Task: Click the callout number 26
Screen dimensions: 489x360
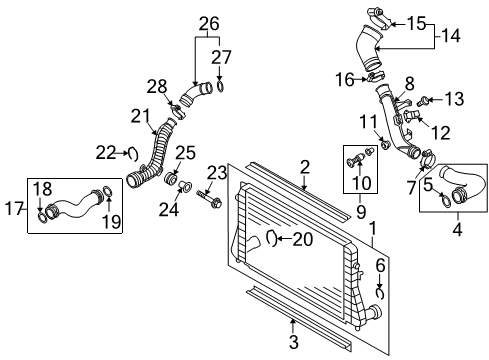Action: [x=209, y=24]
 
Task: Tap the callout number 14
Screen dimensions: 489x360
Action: [x=451, y=35]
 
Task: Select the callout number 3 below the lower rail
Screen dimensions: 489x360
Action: [x=293, y=342]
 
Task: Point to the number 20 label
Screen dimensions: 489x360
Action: [x=303, y=239]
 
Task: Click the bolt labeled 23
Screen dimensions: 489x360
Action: [x=209, y=198]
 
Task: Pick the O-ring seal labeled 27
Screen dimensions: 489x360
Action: [x=220, y=86]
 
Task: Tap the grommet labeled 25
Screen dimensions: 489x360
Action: [x=171, y=179]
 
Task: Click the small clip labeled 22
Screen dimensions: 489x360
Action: [x=133, y=154]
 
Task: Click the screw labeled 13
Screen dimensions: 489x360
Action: [x=424, y=101]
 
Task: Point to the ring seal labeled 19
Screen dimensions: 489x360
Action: [x=107, y=192]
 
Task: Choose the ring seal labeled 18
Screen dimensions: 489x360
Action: [x=42, y=217]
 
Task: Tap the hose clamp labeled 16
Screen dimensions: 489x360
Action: [x=375, y=78]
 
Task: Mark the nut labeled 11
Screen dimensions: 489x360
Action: [x=386, y=144]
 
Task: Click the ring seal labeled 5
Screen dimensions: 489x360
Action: [x=446, y=200]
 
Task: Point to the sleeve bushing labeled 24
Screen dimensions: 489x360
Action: [x=185, y=185]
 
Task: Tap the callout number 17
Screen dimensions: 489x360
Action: [x=14, y=209]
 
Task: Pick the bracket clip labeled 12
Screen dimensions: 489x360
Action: [x=412, y=116]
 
